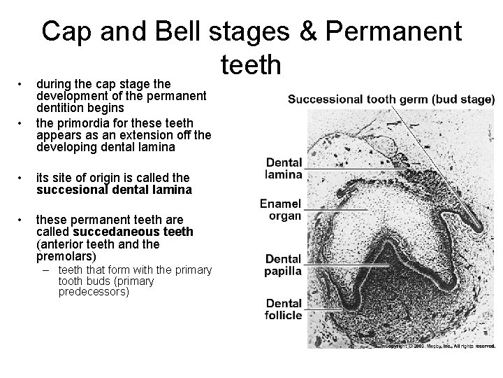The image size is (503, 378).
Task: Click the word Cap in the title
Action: pyautogui.click(x=70, y=33)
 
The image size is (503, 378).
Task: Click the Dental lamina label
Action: pyautogui.click(x=284, y=169)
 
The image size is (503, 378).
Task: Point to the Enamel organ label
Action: pyautogui.click(x=280, y=210)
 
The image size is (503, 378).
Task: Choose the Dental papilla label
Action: pyautogui.click(x=283, y=265)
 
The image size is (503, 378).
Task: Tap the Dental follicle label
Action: pyautogui.click(x=283, y=309)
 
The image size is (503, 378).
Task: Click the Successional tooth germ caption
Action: pyautogui.click(x=391, y=100)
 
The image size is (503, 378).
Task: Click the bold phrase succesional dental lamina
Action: pyautogui.click(x=114, y=190)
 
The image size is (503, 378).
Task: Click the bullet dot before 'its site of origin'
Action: pyautogui.click(x=22, y=178)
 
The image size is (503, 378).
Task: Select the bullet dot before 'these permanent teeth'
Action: pyautogui.click(x=22, y=219)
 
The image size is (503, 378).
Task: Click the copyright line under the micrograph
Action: pyautogui.click(x=439, y=346)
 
